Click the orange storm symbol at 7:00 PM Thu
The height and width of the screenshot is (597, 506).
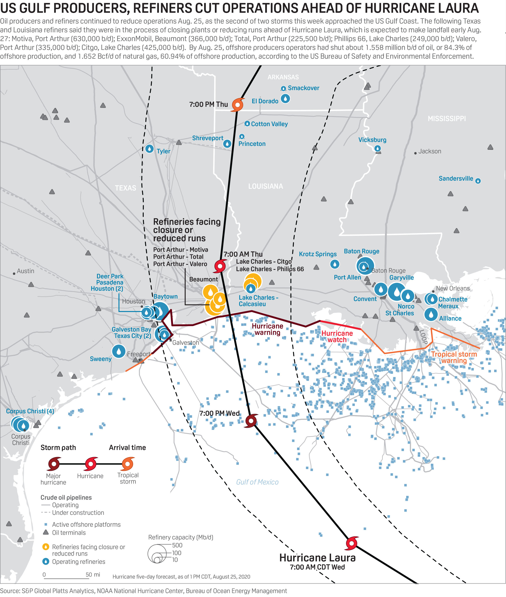click(238, 105)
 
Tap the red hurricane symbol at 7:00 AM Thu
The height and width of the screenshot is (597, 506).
click(220, 266)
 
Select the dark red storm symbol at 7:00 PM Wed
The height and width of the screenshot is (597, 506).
click(251, 421)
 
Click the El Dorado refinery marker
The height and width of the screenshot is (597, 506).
click(285, 99)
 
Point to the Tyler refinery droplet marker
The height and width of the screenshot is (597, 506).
click(149, 149)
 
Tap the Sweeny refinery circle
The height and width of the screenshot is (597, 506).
click(119, 351)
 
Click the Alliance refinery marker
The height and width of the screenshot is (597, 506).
click(431, 314)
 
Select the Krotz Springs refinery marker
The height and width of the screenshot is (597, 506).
click(335, 264)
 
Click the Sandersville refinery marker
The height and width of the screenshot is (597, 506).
click(478, 181)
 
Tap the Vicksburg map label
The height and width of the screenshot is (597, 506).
click(372, 140)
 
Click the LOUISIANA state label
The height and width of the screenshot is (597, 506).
click(266, 187)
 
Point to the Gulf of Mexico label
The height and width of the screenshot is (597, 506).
click(257, 482)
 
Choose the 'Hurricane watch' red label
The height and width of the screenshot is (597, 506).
click(337, 336)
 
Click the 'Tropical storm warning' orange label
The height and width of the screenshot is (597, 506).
click(454, 357)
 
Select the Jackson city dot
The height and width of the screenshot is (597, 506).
click(415, 153)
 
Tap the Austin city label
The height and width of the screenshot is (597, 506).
click(25, 271)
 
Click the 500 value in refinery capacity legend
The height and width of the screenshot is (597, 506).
click(177, 545)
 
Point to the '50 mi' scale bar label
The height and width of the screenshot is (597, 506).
click(93, 575)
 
